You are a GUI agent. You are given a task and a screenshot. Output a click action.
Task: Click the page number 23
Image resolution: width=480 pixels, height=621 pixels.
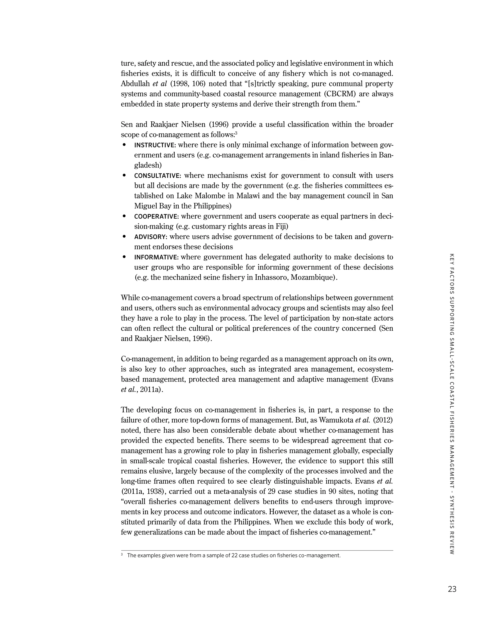(x=452, y=589)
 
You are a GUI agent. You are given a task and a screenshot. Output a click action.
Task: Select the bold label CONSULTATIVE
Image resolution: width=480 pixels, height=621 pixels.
(x=157, y=176)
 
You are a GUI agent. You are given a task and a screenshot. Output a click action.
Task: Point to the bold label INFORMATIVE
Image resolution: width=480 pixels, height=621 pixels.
(x=156, y=257)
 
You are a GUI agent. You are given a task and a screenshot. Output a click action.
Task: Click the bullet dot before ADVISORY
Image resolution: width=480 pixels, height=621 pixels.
(x=124, y=237)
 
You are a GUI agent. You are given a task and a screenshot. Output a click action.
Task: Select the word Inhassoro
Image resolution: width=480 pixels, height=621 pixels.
(x=272, y=277)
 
